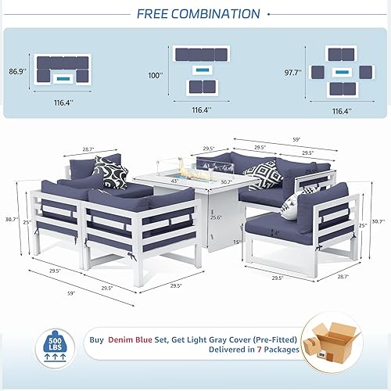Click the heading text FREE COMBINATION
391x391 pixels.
(x=199, y=13)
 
